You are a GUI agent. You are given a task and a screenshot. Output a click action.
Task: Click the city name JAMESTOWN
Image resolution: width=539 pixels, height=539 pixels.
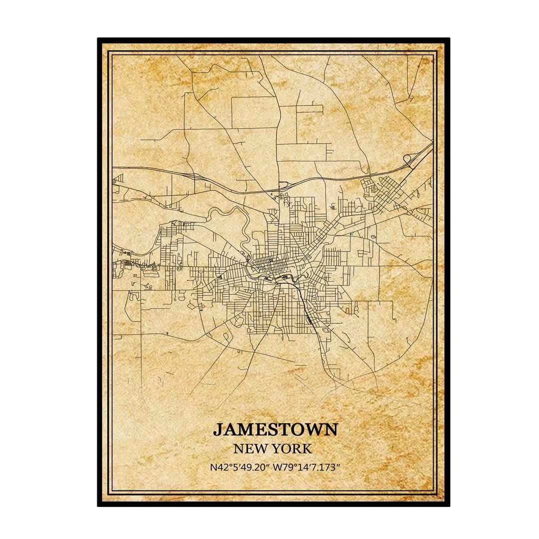275,429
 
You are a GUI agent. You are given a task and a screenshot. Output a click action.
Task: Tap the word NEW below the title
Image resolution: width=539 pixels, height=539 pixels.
253,448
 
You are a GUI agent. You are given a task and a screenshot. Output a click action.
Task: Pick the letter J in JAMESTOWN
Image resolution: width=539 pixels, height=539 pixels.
218,429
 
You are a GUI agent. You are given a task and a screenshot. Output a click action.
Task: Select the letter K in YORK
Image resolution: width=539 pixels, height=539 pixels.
307,448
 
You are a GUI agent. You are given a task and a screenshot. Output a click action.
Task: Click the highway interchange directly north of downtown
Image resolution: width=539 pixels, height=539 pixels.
282,186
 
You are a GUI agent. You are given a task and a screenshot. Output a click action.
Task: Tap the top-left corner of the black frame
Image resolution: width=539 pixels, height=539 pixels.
99,39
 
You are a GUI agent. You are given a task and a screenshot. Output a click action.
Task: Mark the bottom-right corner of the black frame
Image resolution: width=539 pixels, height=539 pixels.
448,505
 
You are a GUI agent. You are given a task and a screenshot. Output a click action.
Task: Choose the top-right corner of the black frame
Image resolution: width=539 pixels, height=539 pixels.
448,39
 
